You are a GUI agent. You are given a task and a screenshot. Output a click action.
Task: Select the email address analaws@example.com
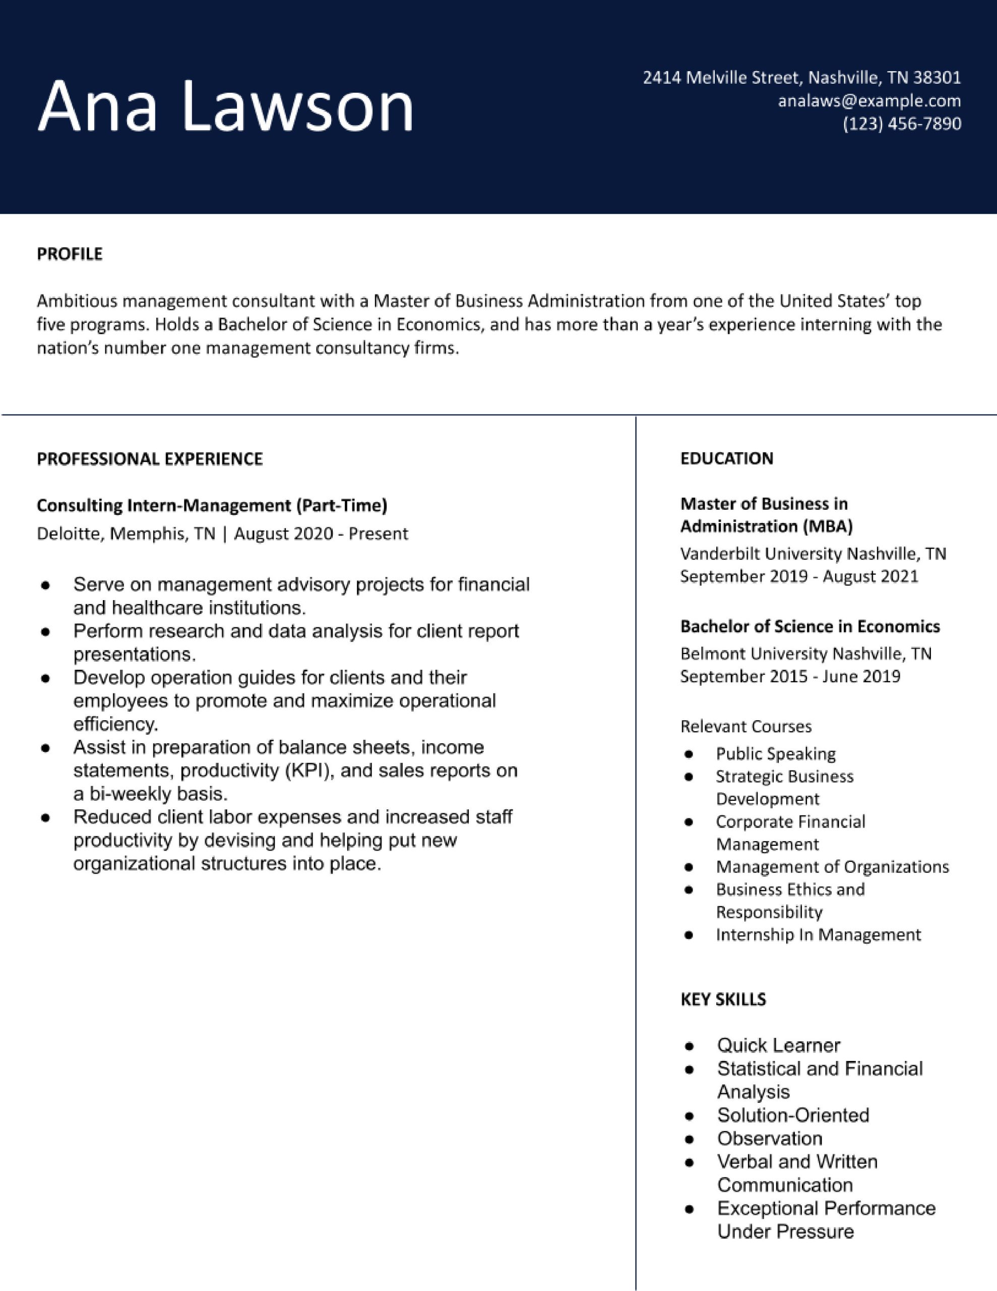[869, 101]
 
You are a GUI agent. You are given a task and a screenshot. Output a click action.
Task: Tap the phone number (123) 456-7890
[901, 124]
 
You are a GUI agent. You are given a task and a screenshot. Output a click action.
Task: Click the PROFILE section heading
[70, 254]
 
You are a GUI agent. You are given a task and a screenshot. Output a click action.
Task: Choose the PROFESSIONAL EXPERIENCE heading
[150, 459]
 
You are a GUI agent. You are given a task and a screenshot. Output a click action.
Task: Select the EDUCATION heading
[726, 459]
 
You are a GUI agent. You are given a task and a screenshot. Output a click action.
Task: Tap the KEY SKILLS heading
[723, 1000]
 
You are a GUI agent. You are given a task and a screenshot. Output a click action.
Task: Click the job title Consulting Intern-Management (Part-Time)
[212, 505]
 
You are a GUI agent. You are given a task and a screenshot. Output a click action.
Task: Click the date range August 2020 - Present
[321, 534]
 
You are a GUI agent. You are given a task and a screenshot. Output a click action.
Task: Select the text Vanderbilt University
[761, 554]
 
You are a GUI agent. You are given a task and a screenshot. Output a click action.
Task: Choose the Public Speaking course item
[775, 754]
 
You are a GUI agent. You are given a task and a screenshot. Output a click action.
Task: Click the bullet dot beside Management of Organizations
[688, 867]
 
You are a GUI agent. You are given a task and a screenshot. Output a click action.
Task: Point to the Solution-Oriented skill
[792, 1116]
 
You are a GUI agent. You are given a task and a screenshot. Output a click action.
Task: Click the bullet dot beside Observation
[689, 1139]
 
